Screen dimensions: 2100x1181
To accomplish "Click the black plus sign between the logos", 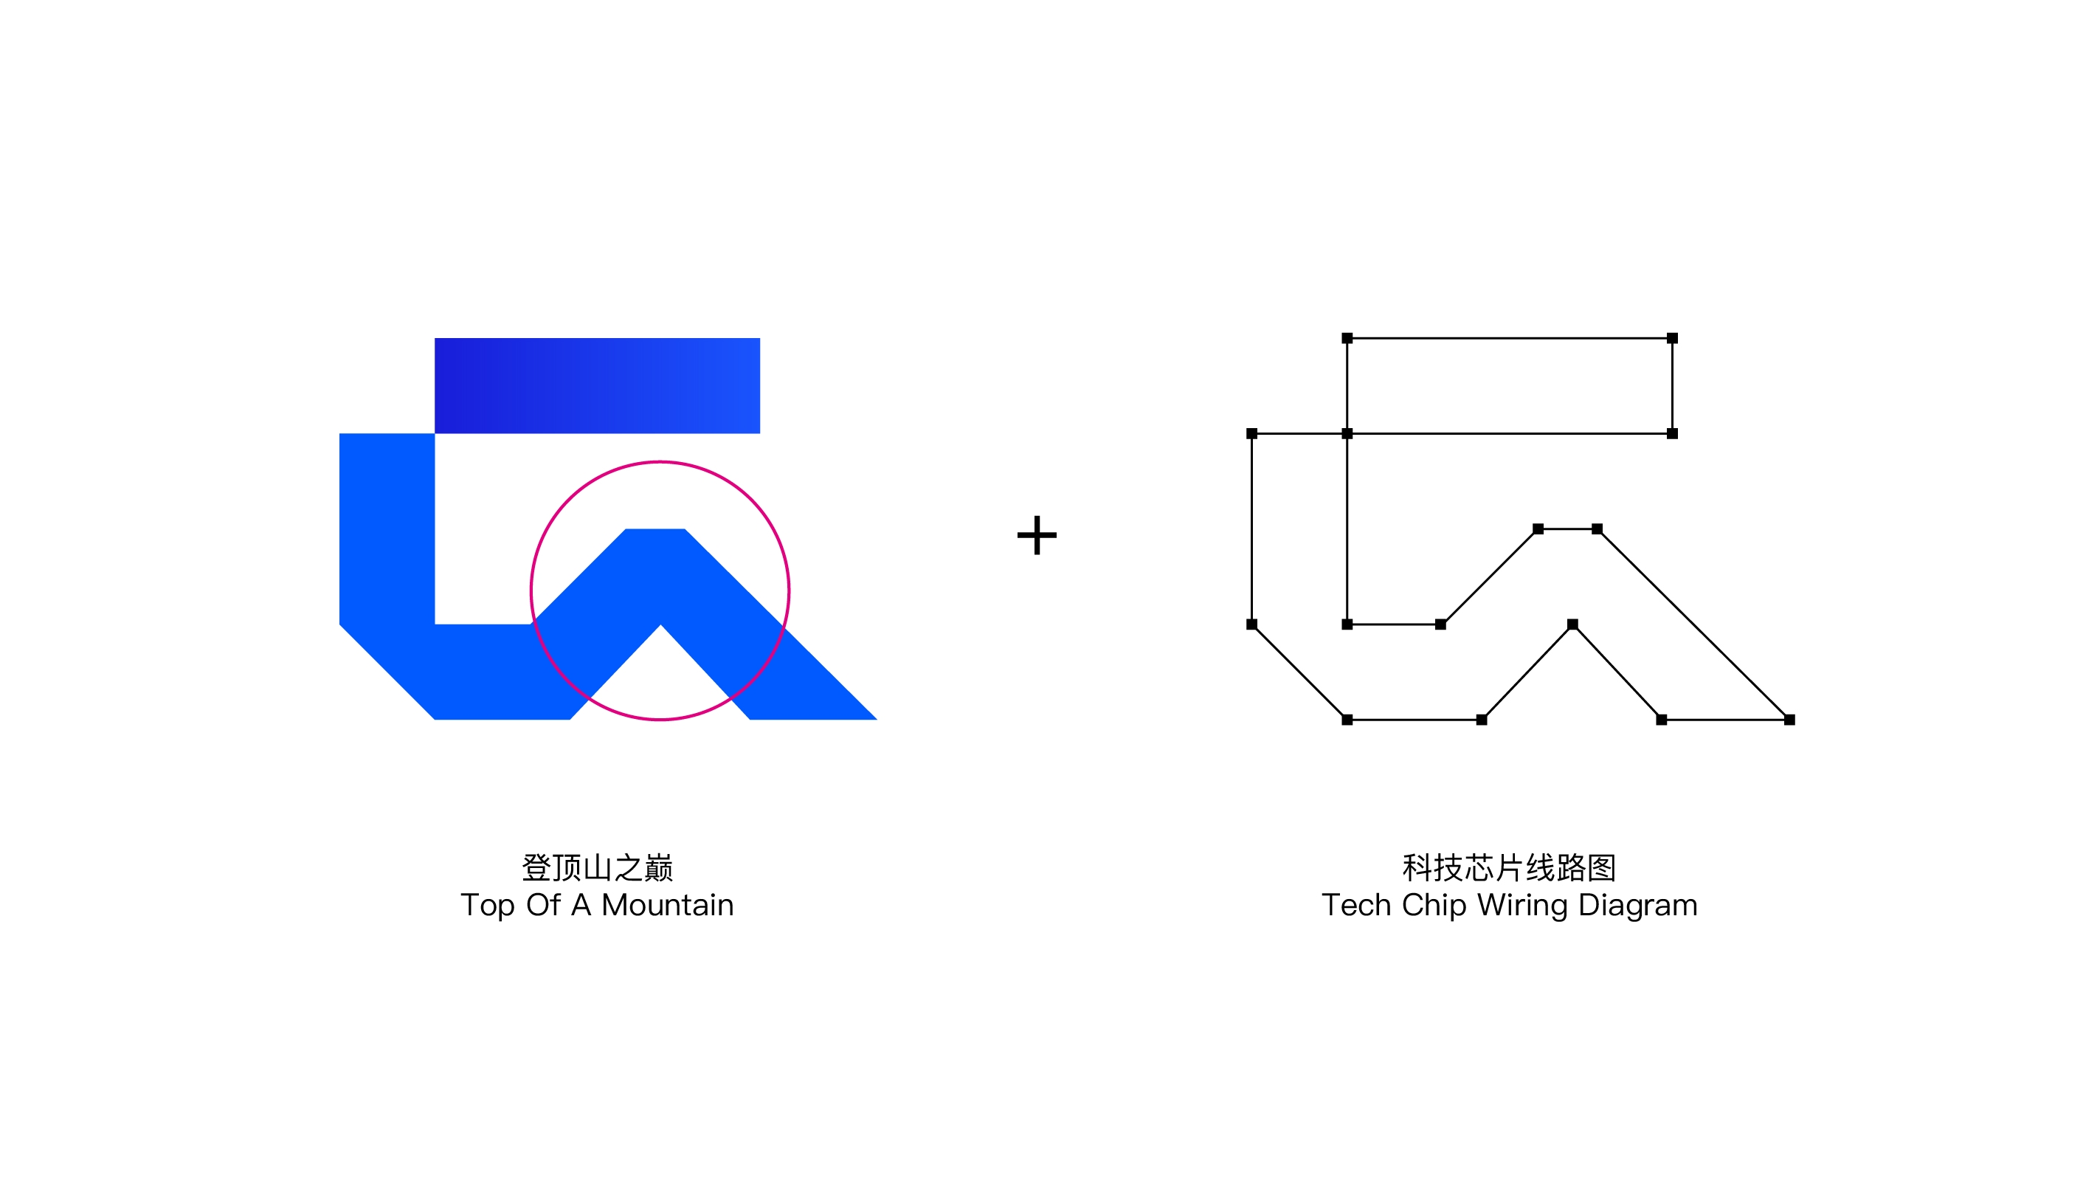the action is coord(1036,535).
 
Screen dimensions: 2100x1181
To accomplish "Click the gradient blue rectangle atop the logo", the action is coord(597,386).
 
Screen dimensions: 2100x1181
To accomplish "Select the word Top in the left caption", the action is coord(488,906).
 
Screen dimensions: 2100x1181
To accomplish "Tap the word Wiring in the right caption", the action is coord(1522,906).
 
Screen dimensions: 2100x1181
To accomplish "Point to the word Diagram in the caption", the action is coord(1638,906).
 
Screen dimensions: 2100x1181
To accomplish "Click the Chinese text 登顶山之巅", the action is coord(598,868).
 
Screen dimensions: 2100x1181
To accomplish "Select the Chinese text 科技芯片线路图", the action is coord(1509,868).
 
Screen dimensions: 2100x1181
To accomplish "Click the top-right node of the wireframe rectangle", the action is coord(1672,337).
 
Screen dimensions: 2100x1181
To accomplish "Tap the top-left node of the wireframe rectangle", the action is coord(1347,337).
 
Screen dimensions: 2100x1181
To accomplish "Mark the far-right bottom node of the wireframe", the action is coord(1789,720).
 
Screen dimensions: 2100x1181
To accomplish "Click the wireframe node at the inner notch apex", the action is coord(1572,624).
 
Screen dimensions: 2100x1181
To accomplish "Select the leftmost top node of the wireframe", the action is coord(1251,433).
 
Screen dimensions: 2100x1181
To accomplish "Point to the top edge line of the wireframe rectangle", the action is coord(1510,337).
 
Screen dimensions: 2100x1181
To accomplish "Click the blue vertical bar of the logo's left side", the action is coord(387,528).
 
